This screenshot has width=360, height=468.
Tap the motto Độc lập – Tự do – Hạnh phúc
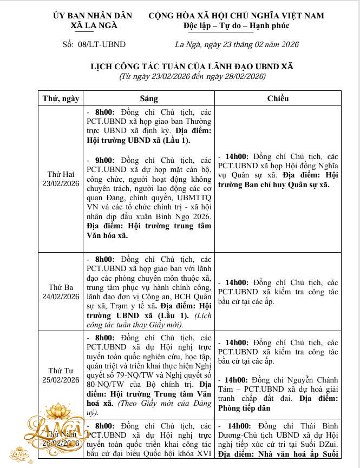[237, 25]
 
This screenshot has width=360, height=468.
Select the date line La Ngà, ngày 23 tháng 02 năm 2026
[237, 44]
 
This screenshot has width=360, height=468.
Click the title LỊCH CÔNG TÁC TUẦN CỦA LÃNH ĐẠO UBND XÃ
[192, 67]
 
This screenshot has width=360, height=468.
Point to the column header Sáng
[149, 98]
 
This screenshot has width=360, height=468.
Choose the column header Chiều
[278, 98]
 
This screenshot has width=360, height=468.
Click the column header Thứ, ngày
[61, 98]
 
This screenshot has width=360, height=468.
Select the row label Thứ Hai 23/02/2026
[64, 179]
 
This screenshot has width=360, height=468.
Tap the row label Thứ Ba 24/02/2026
[64, 292]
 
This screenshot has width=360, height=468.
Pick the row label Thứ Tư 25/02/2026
[64, 375]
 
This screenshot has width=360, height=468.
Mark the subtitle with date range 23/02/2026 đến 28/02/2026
[192, 76]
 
